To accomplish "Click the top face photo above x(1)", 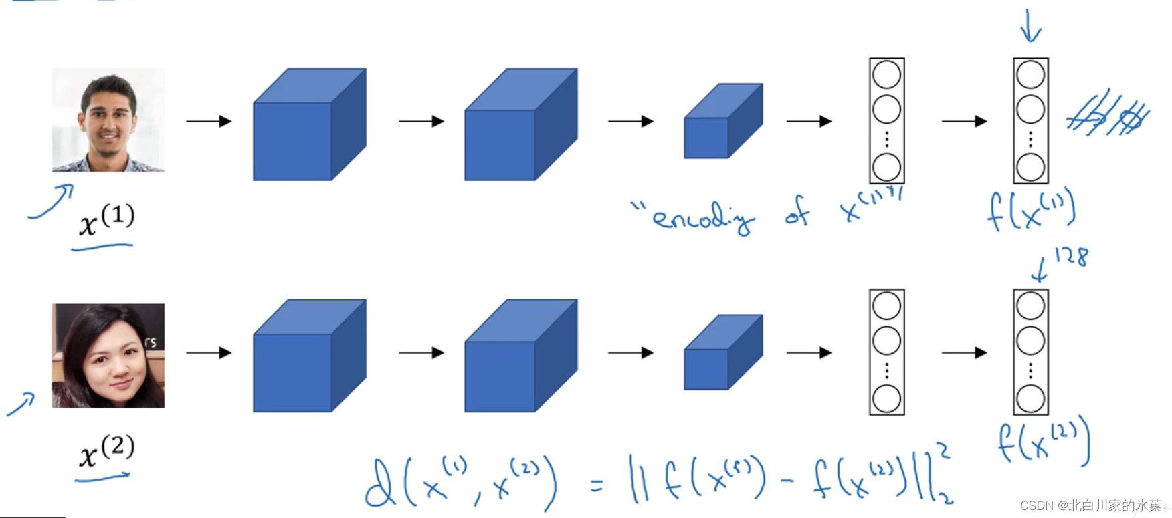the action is point(108,120).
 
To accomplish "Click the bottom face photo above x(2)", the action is point(108,356).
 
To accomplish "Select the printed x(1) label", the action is point(106,221).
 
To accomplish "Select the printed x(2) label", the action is point(106,451).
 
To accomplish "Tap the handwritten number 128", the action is point(1070,256).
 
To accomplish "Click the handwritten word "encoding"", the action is point(702,218).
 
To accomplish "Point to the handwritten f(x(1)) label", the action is point(1031,209).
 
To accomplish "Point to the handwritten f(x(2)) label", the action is point(1043,440).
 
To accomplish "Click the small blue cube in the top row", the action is point(722,122).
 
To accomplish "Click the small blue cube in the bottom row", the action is point(722,353).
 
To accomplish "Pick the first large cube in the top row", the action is point(309,125).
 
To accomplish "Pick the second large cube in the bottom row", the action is point(520,356).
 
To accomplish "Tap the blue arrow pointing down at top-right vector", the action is point(1030,27).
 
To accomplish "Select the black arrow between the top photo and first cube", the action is point(209,121).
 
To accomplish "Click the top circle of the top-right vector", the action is point(1030,75).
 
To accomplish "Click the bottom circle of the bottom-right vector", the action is point(1030,399).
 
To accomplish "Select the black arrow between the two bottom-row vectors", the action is point(964,352).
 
